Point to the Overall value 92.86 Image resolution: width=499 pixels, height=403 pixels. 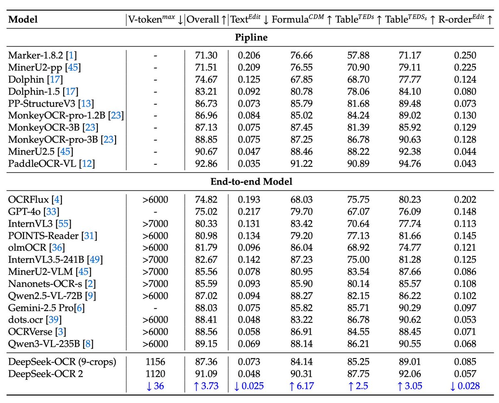(x=206, y=164)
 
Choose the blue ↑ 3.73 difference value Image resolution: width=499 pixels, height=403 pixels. (x=206, y=386)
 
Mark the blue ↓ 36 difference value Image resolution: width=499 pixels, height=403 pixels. (x=156, y=386)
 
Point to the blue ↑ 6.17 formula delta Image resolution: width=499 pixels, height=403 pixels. (x=301, y=386)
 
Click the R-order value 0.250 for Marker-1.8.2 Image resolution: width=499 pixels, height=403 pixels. (x=465, y=55)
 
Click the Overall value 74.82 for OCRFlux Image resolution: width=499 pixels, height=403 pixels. (x=206, y=200)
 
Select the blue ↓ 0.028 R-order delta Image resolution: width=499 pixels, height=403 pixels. (x=465, y=386)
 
